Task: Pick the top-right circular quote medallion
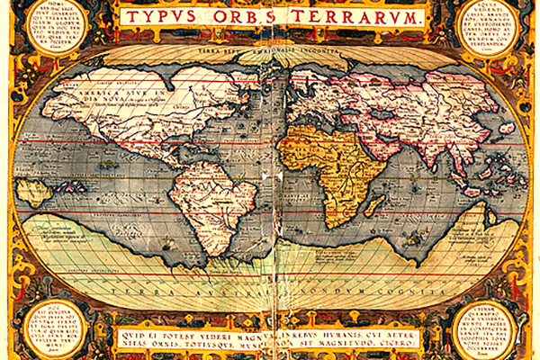pyautogui.click(x=489, y=28)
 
